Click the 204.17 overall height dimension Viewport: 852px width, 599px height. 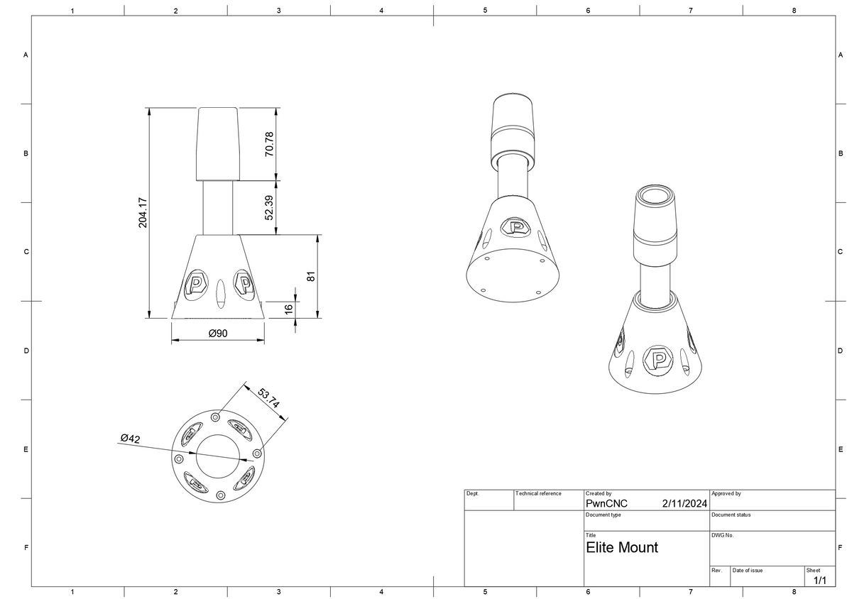pyautogui.click(x=143, y=212)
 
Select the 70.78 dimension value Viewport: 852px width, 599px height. pyautogui.click(x=269, y=144)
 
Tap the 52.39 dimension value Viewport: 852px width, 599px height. pyautogui.click(x=269, y=207)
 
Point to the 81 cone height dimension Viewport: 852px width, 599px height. pyautogui.click(x=310, y=276)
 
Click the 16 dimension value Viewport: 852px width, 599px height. pyautogui.click(x=288, y=308)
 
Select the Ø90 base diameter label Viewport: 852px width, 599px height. pyautogui.click(x=218, y=333)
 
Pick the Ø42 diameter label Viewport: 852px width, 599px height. pyautogui.click(x=130, y=439)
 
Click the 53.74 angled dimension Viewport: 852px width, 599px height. pyautogui.click(x=268, y=398)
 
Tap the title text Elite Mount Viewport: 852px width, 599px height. pyautogui.click(x=622, y=547)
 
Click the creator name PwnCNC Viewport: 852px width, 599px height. pyautogui.click(x=606, y=503)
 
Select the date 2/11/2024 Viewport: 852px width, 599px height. pyautogui.click(x=684, y=503)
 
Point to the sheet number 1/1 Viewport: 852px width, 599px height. pyautogui.click(x=819, y=580)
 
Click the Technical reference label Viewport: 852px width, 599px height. pyautogui.click(x=538, y=493)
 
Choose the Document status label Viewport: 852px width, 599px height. pyautogui.click(x=731, y=515)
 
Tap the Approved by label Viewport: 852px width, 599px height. pyautogui.click(x=726, y=493)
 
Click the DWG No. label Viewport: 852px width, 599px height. pyautogui.click(x=722, y=535)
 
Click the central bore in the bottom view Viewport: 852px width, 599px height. pyautogui.click(x=218, y=456)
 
